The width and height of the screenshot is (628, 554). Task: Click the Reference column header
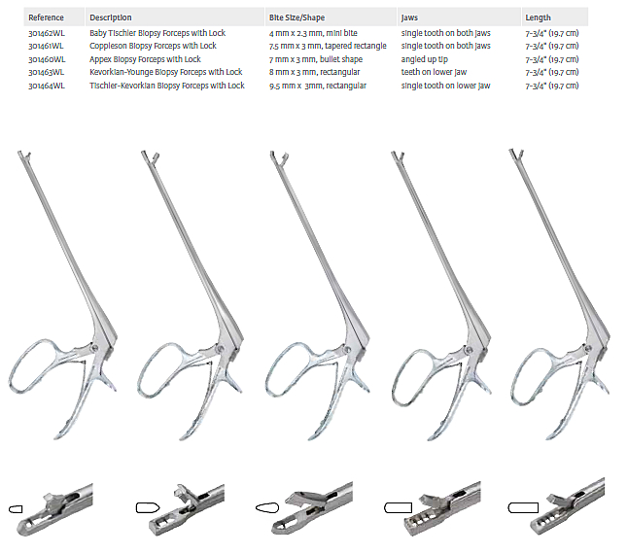click(47, 17)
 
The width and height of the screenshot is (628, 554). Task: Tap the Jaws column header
click(411, 17)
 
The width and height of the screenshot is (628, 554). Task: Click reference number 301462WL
click(48, 33)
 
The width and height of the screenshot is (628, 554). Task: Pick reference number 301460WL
click(48, 59)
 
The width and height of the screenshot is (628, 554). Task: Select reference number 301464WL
click(48, 86)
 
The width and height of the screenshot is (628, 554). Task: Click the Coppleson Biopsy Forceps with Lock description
click(153, 46)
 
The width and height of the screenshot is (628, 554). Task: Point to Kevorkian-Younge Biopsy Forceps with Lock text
click(166, 72)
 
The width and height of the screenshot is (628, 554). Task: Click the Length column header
click(538, 17)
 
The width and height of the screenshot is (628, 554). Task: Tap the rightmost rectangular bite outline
click(524, 507)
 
